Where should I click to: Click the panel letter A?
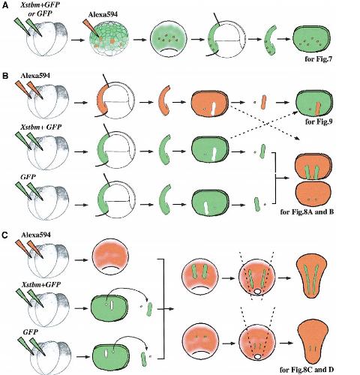tap(5, 5)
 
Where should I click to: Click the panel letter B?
tap(5, 76)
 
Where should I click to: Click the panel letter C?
tap(5, 235)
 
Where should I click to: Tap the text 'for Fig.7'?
tap(318, 59)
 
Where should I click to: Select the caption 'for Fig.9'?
tap(319, 121)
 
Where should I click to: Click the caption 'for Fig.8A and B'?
tap(307, 212)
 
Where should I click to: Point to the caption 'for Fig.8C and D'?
tap(307, 369)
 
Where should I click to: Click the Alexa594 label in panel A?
tap(103, 14)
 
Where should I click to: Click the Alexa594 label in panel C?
tap(36, 235)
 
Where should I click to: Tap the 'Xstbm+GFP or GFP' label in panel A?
tap(40, 9)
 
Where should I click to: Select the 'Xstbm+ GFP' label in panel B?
tap(41, 127)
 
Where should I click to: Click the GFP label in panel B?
tap(28, 177)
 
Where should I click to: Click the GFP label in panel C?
tap(31, 332)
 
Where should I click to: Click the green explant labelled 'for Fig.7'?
tap(312, 39)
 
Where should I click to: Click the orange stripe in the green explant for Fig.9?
tap(318, 109)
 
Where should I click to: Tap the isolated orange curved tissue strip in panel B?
tap(163, 100)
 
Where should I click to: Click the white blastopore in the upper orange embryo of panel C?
tap(257, 292)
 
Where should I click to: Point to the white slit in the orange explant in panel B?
tap(213, 109)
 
